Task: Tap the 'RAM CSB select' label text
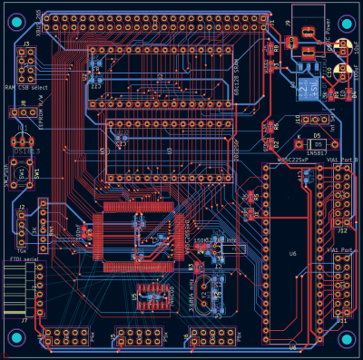[x=25, y=87]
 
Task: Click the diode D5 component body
[x=315, y=144]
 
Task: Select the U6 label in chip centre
[x=292, y=253]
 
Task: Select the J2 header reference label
[x=21, y=207]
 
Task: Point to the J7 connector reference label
[x=24, y=319]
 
